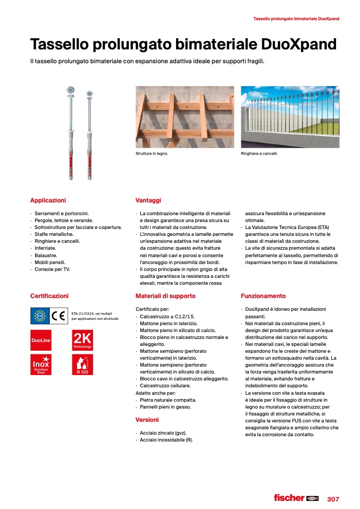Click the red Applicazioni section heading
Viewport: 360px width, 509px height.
[48, 200]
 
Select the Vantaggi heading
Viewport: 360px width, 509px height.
[148, 200]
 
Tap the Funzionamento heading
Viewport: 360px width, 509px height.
[263, 296]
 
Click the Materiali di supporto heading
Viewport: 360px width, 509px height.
[165, 296]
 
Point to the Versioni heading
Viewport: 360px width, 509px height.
[147, 420]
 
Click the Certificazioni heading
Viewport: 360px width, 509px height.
[49, 296]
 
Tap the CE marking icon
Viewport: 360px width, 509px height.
[58, 316]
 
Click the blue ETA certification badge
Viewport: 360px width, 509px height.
[40, 316]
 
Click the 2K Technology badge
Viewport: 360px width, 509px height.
[82, 340]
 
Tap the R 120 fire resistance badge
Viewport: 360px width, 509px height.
[82, 364]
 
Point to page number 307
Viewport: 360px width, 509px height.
[333, 499]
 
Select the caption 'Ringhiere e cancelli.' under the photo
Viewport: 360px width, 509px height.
[259, 154]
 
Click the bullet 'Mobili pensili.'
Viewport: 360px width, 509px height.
[52, 262]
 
